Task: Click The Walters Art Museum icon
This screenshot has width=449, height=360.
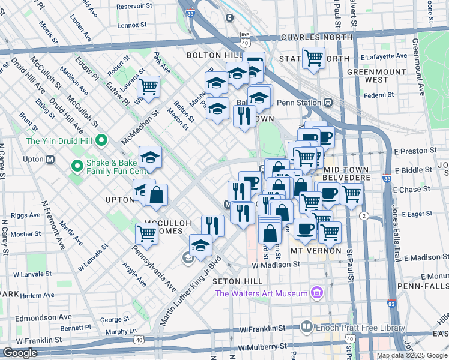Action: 316,293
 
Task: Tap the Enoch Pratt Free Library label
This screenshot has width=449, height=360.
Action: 347,327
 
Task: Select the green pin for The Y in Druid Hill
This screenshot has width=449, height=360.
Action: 101,141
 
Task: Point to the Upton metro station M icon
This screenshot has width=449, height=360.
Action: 50,160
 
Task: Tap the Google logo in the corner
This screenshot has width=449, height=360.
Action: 19,353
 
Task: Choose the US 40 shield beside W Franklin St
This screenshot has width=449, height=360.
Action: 139,340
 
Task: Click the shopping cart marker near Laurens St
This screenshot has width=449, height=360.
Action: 148,86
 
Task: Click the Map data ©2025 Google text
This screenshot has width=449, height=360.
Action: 411,355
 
